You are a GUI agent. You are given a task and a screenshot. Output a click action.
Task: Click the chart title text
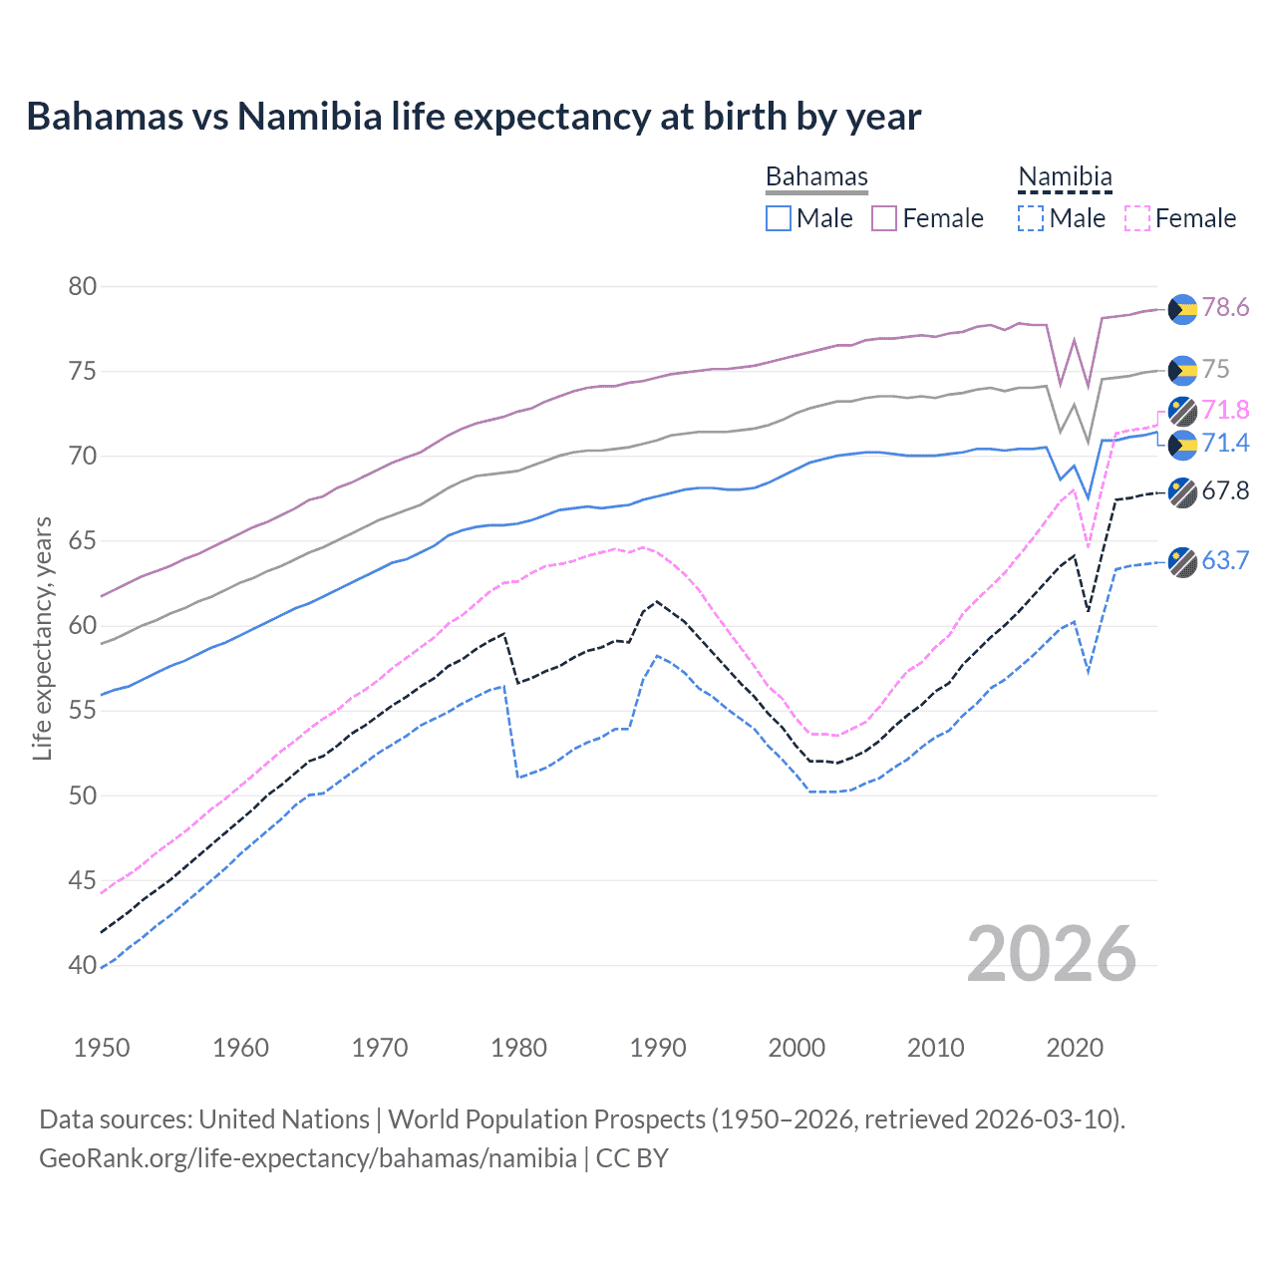click(474, 117)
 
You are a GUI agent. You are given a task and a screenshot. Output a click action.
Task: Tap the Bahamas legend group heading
click(816, 176)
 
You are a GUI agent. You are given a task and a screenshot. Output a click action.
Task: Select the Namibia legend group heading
click(1065, 176)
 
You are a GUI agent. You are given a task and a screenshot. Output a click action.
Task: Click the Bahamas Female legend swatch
click(884, 218)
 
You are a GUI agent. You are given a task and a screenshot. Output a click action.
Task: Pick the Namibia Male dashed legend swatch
click(1031, 218)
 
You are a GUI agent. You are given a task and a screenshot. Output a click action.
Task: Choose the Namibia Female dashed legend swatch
click(1137, 218)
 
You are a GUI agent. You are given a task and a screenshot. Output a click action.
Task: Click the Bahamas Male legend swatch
click(779, 218)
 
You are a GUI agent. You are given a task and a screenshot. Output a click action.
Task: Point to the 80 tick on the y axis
click(83, 287)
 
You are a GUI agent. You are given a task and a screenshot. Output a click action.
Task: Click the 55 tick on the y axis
click(83, 711)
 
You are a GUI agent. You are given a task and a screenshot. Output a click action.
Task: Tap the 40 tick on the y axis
click(83, 965)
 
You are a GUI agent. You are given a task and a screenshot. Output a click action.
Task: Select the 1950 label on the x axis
click(102, 1048)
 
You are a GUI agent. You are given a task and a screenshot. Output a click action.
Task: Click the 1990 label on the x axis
click(658, 1048)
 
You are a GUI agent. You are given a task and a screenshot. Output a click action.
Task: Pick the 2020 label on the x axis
click(1075, 1048)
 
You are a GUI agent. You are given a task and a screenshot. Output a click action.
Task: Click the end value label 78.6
click(1225, 307)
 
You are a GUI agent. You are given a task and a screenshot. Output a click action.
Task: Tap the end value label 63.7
click(1225, 560)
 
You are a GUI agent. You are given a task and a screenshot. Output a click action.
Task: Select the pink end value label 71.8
click(1225, 410)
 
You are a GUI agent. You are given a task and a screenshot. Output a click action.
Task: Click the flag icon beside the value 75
click(1182, 370)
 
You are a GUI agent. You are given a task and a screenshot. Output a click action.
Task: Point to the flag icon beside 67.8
click(1182, 492)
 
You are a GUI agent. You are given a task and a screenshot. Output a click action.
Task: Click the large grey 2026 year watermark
click(1052, 954)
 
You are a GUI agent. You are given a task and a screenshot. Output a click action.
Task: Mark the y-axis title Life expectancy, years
click(42, 638)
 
